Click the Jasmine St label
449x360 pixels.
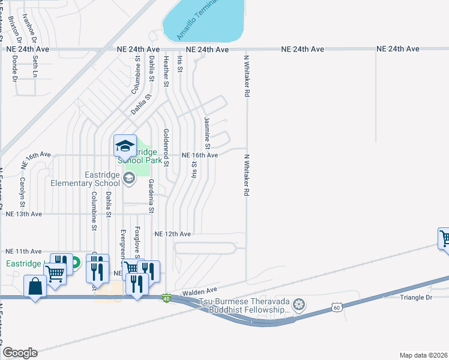(207, 133)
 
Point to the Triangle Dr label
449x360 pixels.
(415, 298)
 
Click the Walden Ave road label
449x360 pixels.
(199, 291)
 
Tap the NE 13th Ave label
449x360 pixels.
(23, 214)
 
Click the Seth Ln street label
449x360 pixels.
(35, 67)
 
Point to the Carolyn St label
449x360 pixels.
(22, 188)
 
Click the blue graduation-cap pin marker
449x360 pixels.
(125, 146)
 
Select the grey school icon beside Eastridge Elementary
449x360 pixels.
(128, 178)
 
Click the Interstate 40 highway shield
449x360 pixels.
(166, 298)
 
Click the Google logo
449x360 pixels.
(20, 353)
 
